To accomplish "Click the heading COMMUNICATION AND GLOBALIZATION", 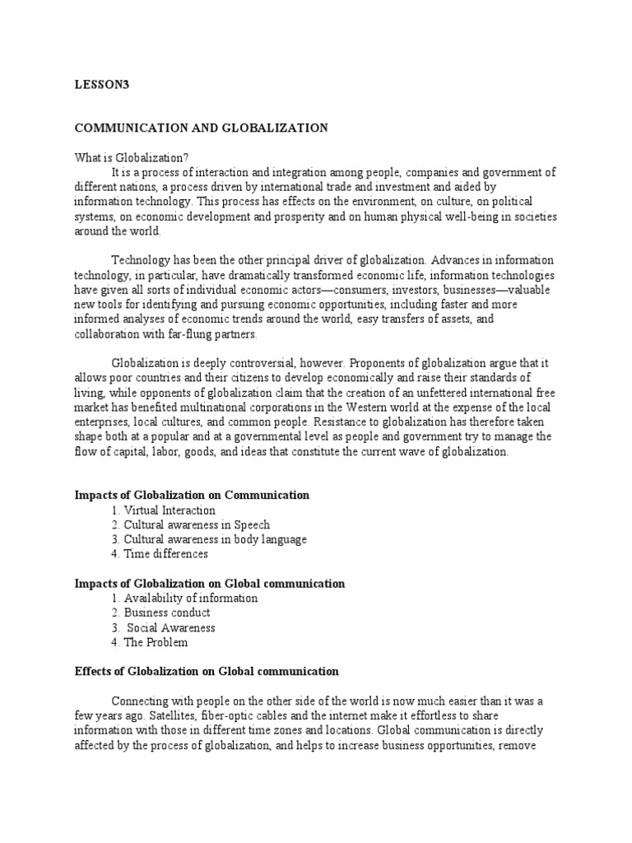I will click(x=202, y=128).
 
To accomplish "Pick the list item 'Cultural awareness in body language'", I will click(x=208, y=539).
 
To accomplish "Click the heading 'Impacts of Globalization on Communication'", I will click(x=192, y=495).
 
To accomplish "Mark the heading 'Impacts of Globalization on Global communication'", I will click(x=210, y=584).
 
